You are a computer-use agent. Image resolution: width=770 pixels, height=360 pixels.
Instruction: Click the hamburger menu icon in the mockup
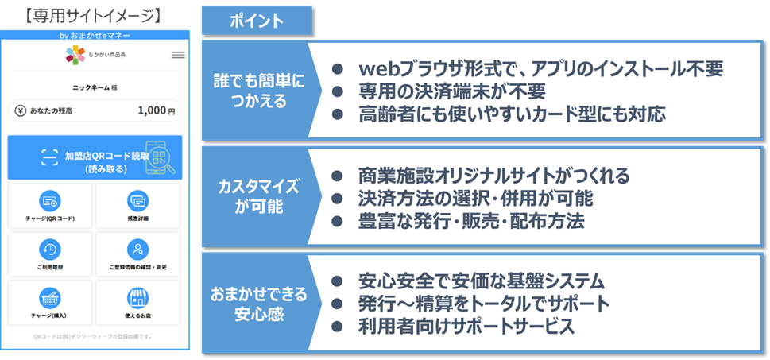click(x=178, y=55)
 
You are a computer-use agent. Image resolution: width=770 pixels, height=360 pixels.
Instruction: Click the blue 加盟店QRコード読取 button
click(x=95, y=157)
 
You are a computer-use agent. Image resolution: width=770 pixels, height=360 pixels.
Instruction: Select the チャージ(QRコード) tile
click(x=50, y=205)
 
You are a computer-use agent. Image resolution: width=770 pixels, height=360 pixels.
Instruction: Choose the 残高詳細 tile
click(x=137, y=205)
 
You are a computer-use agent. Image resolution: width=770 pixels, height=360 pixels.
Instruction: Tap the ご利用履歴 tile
click(x=50, y=254)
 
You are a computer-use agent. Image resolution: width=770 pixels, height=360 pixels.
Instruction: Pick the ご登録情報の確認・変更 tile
click(x=137, y=254)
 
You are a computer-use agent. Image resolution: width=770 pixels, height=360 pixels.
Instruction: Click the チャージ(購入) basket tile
click(x=50, y=303)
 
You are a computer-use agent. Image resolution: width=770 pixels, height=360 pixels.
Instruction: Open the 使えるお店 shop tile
click(x=137, y=303)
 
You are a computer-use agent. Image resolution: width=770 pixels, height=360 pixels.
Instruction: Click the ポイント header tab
click(x=255, y=21)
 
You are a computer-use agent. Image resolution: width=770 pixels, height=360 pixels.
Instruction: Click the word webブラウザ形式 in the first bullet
click(x=420, y=69)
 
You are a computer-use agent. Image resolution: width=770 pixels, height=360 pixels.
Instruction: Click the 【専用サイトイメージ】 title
click(x=94, y=15)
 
